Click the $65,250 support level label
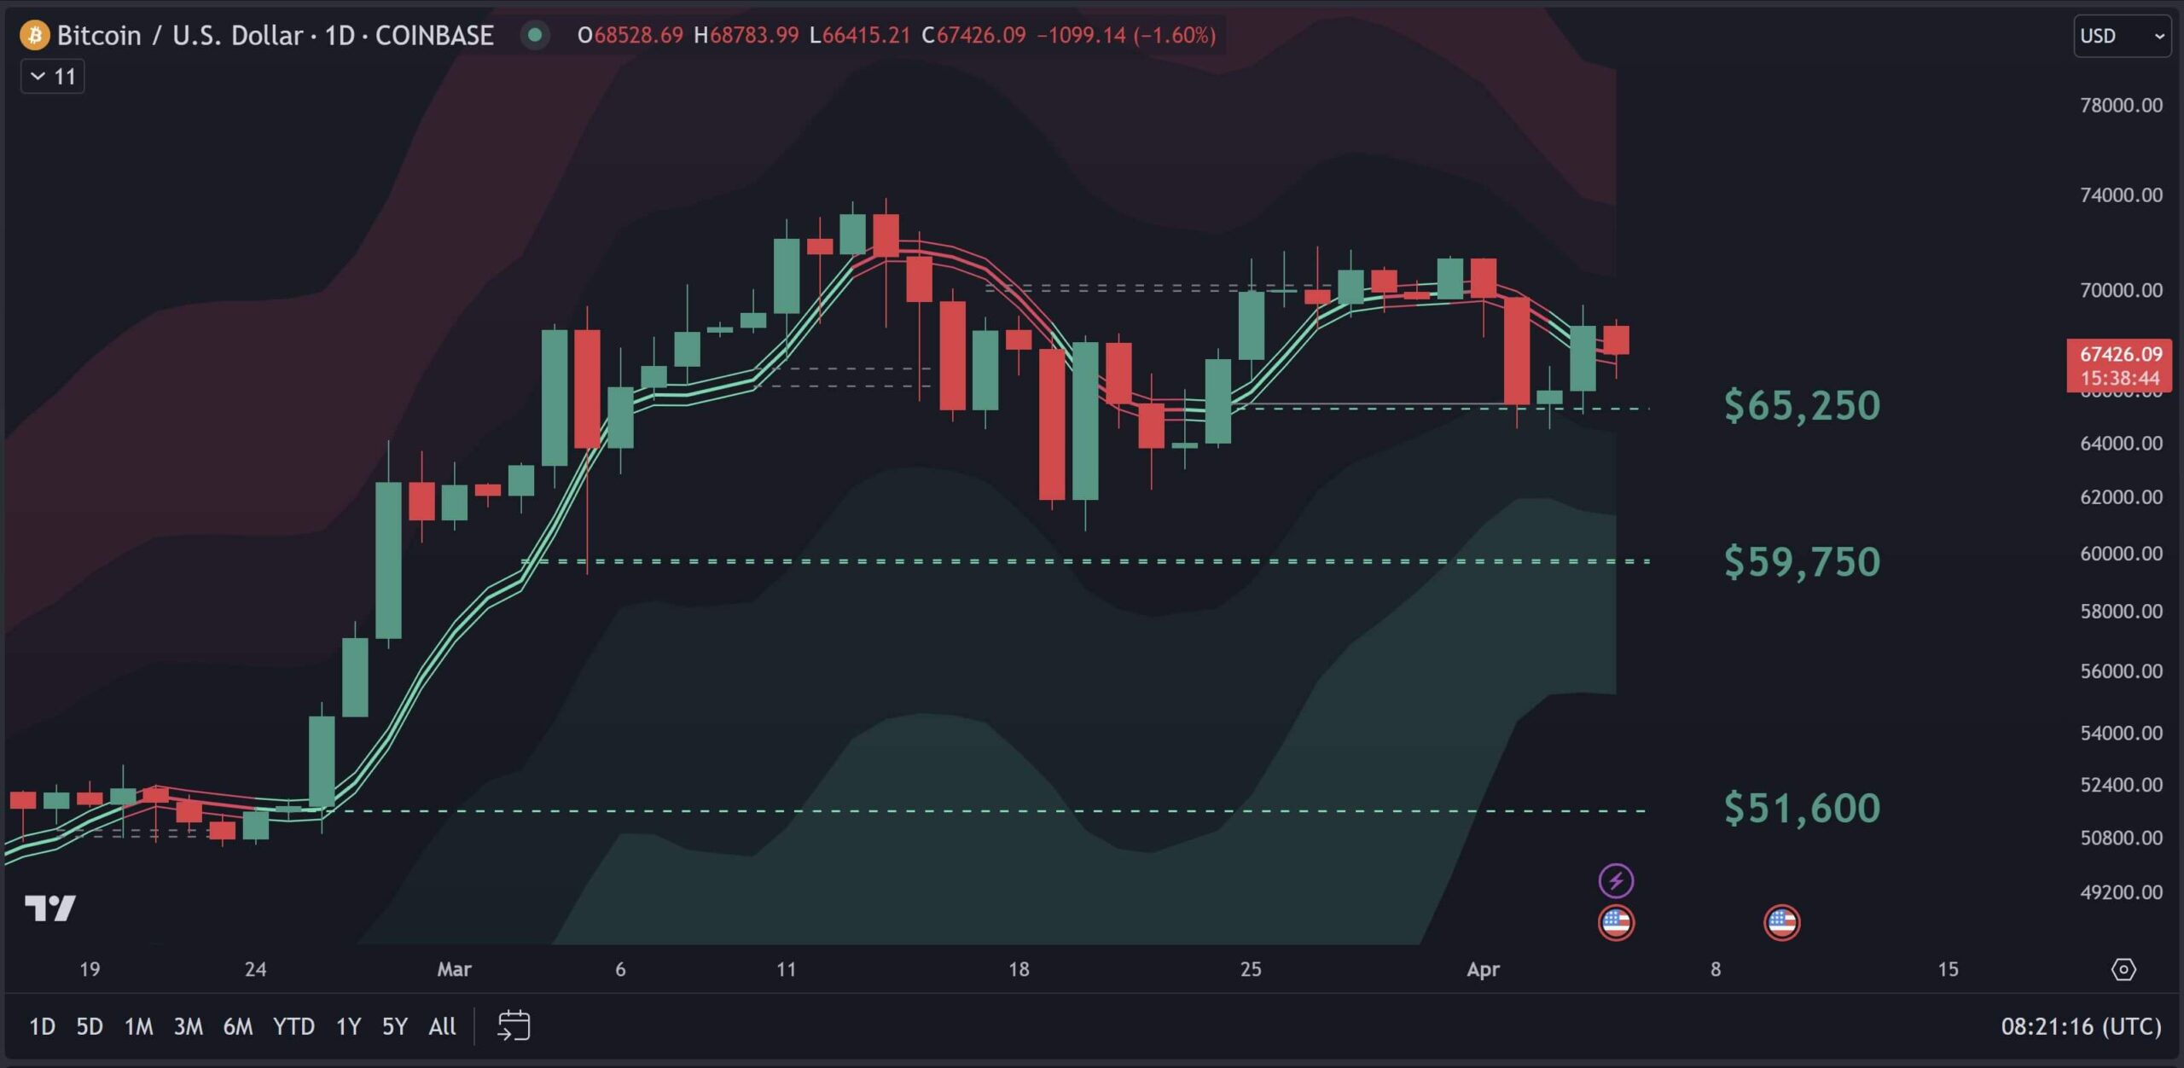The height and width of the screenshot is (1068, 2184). coord(1801,406)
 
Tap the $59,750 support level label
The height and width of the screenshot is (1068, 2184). coord(1801,562)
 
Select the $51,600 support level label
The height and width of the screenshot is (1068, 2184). coord(1801,808)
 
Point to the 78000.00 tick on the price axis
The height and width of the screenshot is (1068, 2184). coord(2121,106)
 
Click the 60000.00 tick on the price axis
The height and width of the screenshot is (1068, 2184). coord(2121,554)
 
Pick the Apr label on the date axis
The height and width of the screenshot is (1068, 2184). coord(1483,969)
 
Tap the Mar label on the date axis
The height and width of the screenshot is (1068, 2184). coord(454,969)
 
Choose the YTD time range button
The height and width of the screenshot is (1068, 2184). coord(293,1026)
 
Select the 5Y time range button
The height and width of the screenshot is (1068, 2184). coord(394,1026)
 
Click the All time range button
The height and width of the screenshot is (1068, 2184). coord(442,1026)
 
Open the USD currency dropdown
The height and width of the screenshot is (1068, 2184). coord(2122,36)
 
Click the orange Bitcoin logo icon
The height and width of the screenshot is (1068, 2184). coord(35,35)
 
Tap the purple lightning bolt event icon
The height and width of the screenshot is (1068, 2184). coord(1616,880)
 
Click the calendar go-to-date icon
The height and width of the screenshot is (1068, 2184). coord(514,1025)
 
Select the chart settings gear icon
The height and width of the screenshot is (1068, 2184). coord(2123,969)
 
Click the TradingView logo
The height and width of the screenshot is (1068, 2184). coord(50,908)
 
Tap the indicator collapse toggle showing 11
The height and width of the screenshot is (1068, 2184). coord(53,77)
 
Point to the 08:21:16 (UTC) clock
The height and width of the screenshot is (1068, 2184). coord(2081,1026)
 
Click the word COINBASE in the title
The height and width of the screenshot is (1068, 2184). coord(434,35)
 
